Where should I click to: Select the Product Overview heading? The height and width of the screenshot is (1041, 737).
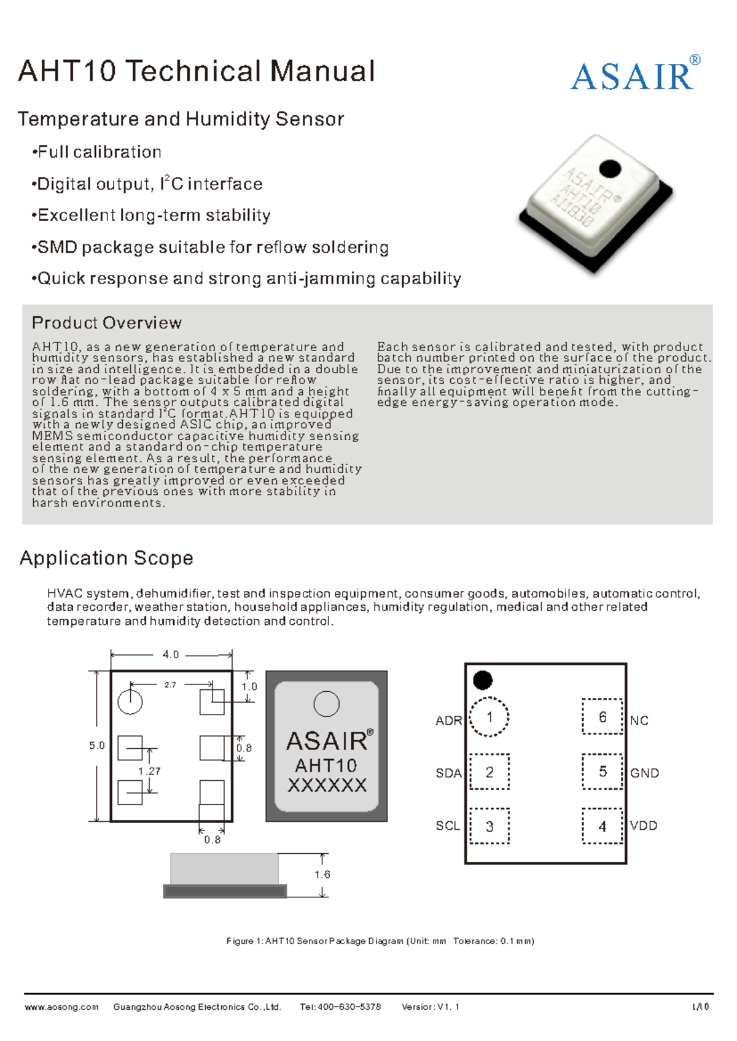point(107,323)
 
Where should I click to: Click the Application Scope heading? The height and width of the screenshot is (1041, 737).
point(106,558)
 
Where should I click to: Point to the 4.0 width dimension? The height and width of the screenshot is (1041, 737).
point(171,655)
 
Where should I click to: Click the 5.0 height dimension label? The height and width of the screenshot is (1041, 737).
point(97,746)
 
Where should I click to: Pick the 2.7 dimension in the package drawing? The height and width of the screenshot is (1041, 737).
point(170,685)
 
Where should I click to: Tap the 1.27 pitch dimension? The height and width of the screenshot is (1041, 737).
point(149,771)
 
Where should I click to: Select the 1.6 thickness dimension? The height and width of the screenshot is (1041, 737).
point(322,875)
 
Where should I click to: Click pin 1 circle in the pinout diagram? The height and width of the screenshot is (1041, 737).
point(489,717)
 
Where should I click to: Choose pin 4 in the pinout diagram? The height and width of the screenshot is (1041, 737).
point(602,826)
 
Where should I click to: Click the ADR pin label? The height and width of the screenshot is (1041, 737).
point(448,721)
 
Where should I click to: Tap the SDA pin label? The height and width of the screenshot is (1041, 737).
point(448,773)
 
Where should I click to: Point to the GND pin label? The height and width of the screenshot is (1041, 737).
point(644,773)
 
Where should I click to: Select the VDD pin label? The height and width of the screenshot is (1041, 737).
point(644,826)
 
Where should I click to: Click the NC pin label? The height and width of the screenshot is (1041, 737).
point(639,721)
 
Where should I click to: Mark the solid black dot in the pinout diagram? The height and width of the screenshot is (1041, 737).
point(483,680)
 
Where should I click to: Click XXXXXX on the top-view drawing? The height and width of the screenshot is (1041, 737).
point(327,786)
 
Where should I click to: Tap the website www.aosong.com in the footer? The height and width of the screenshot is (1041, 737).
point(61,1007)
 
